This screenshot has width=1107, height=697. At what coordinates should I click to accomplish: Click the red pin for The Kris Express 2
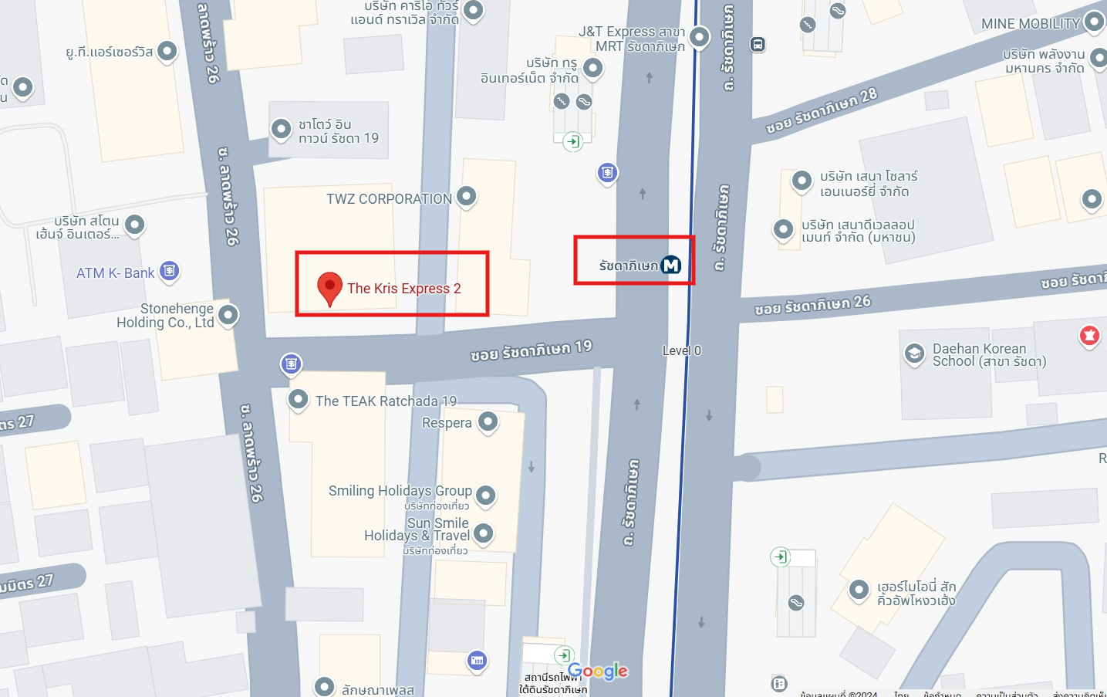point(329,288)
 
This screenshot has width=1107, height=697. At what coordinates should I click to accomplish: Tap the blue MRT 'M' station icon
point(671,266)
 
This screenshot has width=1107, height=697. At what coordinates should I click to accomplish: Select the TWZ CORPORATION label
point(389,199)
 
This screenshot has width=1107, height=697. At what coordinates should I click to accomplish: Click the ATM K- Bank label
point(115,273)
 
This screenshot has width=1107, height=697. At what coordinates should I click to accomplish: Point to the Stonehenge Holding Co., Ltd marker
point(228,315)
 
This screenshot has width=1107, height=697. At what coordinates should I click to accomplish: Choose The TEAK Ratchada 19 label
point(386,401)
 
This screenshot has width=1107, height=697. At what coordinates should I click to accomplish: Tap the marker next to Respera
point(488,421)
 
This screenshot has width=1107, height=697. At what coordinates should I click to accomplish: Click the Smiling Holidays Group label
point(400,491)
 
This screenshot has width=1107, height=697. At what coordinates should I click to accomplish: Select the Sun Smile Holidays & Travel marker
point(483,533)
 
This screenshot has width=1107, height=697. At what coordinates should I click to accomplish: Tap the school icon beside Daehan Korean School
point(914,354)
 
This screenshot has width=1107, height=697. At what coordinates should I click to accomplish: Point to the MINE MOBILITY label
point(1030,24)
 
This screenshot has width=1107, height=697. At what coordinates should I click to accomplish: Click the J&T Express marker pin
point(699,36)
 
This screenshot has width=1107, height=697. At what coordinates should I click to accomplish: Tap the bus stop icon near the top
point(758,45)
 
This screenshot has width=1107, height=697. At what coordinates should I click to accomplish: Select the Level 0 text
point(682,350)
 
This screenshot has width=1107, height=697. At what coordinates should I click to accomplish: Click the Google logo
point(598,672)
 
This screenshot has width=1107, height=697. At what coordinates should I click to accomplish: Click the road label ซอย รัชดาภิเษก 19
point(531,351)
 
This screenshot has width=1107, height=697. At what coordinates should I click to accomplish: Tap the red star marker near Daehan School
point(1089,335)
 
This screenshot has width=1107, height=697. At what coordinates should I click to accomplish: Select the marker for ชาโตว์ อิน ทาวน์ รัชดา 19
point(281,129)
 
